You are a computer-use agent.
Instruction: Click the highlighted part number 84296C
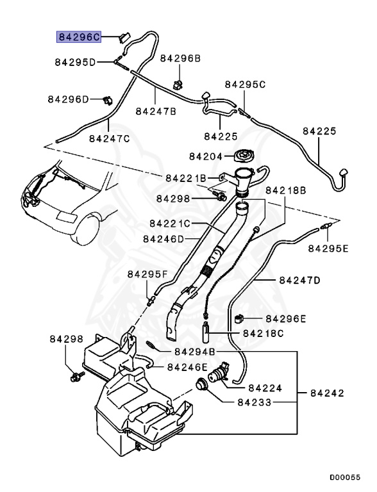(x=79, y=37)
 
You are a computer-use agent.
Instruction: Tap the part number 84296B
(x=180, y=58)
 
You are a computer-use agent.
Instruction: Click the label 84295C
(x=244, y=85)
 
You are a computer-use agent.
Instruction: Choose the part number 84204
(x=206, y=156)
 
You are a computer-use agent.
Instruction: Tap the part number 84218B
(x=286, y=190)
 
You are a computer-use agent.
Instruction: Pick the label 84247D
(x=300, y=281)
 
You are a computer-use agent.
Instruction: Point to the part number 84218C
(x=264, y=333)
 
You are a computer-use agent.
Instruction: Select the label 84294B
(x=194, y=352)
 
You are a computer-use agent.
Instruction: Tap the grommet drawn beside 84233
(x=203, y=386)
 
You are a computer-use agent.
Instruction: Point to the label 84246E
(x=187, y=367)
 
